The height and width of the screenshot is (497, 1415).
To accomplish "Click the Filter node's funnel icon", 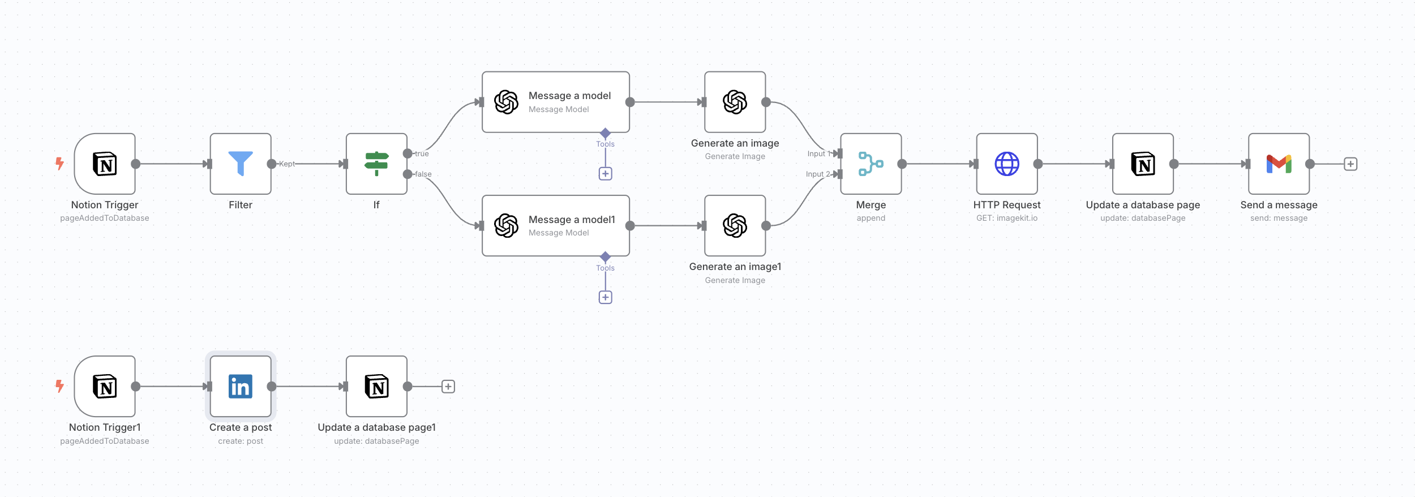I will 241,164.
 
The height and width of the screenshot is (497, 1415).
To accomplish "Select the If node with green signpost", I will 376,164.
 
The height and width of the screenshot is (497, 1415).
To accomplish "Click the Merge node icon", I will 871,164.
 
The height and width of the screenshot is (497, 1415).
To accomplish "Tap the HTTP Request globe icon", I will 1007,164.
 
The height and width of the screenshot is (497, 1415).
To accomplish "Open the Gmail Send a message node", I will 1279,164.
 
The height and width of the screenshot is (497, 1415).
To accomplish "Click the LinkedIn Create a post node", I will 241,387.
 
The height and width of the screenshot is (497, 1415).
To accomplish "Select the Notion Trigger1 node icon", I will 105,387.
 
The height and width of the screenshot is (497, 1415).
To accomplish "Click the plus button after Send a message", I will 1350,164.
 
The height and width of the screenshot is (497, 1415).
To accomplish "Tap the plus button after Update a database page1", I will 448,387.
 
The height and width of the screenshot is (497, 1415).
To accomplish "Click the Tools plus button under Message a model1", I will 605,297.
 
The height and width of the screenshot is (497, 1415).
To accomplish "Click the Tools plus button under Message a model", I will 605,174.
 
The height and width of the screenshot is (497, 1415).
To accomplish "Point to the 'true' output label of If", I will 422,153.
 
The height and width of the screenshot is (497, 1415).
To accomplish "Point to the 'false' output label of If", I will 423,174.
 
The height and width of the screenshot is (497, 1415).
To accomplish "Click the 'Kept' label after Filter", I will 287,164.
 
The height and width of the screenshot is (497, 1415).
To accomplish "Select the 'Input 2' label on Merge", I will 817,174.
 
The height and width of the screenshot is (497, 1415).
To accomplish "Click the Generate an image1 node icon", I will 735,226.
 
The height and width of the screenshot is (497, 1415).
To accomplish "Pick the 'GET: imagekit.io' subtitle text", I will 1006,218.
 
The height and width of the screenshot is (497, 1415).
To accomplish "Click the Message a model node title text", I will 569,96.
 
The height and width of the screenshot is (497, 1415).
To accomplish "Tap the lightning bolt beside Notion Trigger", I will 59,164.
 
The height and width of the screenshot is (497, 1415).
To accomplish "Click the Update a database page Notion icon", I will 1143,164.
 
